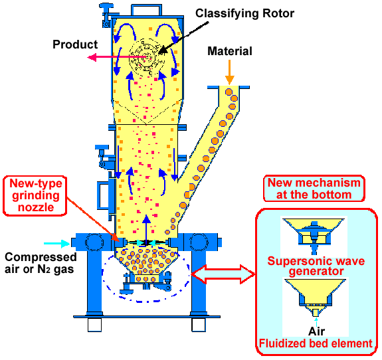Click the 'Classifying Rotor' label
244,13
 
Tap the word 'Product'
75,45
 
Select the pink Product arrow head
92,58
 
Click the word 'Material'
229,51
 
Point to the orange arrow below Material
229,72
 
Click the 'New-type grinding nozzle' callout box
35,196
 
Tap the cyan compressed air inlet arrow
56,243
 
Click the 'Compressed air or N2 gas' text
41,263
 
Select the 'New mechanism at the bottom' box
314,189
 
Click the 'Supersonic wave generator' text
316,266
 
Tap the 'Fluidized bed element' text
316,343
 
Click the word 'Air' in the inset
316,331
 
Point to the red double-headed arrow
223,274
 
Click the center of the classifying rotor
147,58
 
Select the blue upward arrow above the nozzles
146,229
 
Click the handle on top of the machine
146,9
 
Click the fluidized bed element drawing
316,296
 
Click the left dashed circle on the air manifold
94,242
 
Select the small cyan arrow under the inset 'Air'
316,322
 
